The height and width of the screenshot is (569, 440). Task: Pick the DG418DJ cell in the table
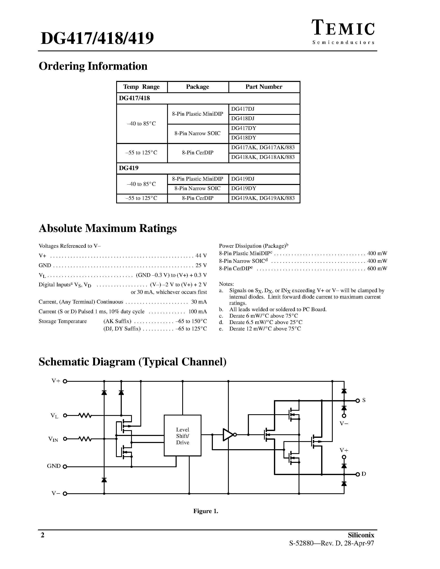pyautogui.click(x=243, y=119)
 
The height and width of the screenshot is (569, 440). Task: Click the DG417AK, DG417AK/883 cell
pyautogui.click(x=263, y=148)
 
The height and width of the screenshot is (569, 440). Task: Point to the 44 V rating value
pyautogui.click(x=201, y=256)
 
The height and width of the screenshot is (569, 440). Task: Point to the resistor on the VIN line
pyautogui.click(x=85, y=439)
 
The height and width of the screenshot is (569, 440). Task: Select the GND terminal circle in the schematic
pyautogui.click(x=65, y=467)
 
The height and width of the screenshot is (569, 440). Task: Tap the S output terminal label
pyautogui.click(x=364, y=400)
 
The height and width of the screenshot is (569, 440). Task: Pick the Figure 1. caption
pyautogui.click(x=206, y=511)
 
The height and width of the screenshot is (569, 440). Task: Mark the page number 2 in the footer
pyautogui.click(x=42, y=535)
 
